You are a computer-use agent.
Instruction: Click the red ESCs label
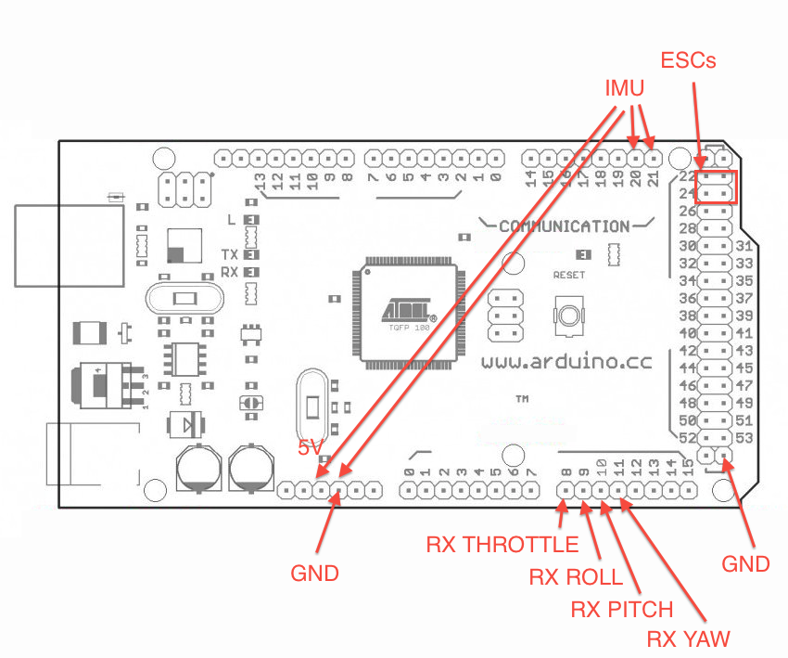click(x=689, y=61)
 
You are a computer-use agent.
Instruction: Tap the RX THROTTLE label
click(x=502, y=545)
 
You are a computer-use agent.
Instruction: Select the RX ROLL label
click(x=576, y=577)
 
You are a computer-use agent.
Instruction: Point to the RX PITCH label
click(x=622, y=610)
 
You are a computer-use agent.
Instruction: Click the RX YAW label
click(x=688, y=639)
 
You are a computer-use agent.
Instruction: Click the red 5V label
click(x=310, y=447)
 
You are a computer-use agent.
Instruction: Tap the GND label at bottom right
click(x=746, y=563)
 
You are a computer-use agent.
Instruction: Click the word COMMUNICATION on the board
click(x=564, y=226)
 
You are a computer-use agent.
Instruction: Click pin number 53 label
click(x=744, y=438)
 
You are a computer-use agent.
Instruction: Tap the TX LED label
click(x=230, y=254)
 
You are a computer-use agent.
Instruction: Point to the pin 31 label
click(x=744, y=246)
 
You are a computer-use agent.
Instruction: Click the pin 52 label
click(x=688, y=438)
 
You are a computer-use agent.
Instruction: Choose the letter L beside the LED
click(x=232, y=220)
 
